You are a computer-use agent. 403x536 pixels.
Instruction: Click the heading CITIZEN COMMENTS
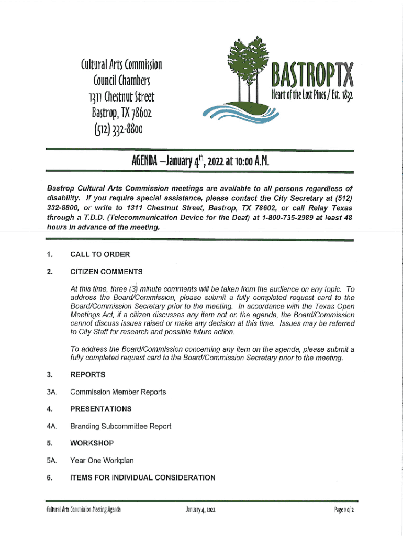[x=107, y=272]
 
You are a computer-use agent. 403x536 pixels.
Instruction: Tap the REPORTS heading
[x=88, y=375]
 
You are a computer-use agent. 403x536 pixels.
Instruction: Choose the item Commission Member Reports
[x=118, y=392]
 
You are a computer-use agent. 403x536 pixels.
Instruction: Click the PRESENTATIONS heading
[x=101, y=409]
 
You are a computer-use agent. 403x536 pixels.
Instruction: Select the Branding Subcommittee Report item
[x=120, y=426]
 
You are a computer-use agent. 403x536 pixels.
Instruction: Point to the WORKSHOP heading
[x=92, y=443]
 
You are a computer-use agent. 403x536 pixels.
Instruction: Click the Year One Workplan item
[x=102, y=461]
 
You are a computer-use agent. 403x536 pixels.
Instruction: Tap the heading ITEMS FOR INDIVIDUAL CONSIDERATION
[x=142, y=478]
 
